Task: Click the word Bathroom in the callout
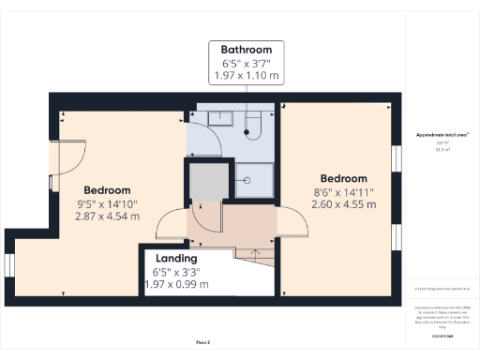click(x=246, y=49)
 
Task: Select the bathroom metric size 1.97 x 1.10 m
click(x=246, y=75)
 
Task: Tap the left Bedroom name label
click(x=106, y=189)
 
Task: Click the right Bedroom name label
click(x=342, y=179)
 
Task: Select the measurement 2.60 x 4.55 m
click(x=342, y=204)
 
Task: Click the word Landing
click(x=176, y=258)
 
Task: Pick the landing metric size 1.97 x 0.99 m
click(x=176, y=284)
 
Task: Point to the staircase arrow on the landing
click(x=252, y=256)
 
